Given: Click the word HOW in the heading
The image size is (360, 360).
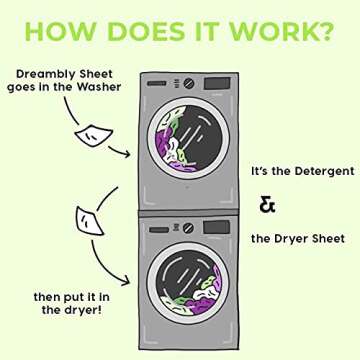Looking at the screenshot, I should pyautogui.click(x=58, y=31).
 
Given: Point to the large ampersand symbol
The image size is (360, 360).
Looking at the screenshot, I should pyautogui.click(x=267, y=205).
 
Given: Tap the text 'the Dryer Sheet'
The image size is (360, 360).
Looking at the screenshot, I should pyautogui.click(x=298, y=238).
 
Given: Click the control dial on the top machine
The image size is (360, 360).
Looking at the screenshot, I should pyautogui.click(x=177, y=85).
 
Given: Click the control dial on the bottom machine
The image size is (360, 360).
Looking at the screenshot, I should pyautogui.click(x=177, y=228).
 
